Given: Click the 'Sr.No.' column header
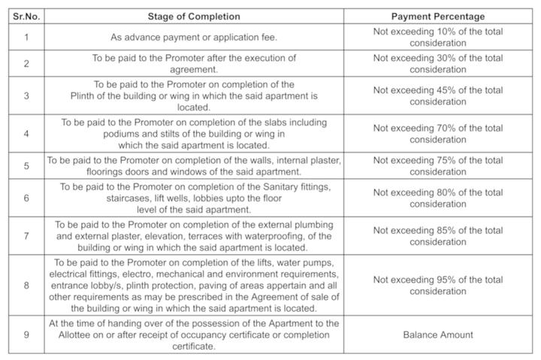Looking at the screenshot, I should coord(26,17).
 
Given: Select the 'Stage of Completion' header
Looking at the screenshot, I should coord(194,17).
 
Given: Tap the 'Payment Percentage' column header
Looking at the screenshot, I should coord(438,17).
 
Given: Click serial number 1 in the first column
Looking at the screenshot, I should coord(26,37).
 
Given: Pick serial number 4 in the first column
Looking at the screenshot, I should coord(26,133).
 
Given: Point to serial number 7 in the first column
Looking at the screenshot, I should coord(26,236).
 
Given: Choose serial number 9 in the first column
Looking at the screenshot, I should coord(26,334).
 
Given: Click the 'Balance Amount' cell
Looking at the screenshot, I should coord(438,334).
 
